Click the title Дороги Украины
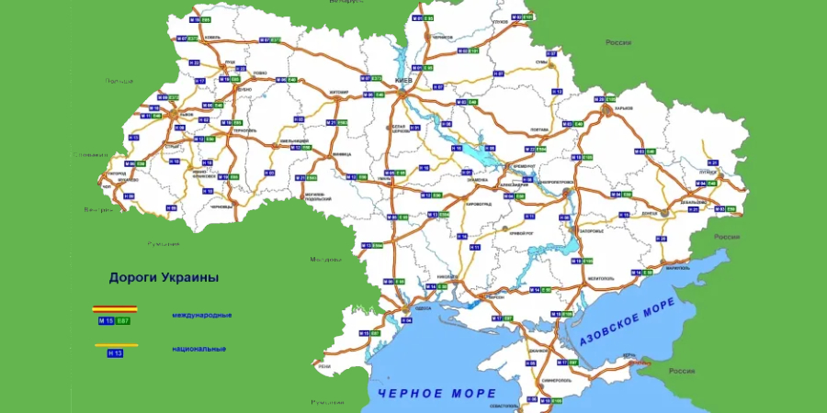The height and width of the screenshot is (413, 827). pos(164,276)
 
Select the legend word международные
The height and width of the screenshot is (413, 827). pos(201,315)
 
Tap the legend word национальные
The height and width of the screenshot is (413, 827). pos(198,349)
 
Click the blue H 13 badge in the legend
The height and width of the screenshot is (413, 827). pos(115,352)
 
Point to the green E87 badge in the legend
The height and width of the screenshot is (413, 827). pos(123,320)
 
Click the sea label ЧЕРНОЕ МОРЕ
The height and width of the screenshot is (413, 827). pos(436,393)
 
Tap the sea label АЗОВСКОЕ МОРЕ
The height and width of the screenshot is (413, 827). pos(629,322)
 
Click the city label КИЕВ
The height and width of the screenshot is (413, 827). pos(402,81)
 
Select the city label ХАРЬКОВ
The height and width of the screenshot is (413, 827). pos(625,107)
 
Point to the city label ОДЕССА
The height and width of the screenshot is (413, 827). pos(423,309)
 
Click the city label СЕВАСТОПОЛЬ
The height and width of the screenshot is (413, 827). pos(505,405)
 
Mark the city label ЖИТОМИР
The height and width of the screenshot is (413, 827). pos(338,92)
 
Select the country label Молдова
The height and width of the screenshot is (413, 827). pos(324,259)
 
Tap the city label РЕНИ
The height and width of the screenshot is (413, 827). pos(323,366)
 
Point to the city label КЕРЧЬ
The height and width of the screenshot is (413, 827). pos(629,354)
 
